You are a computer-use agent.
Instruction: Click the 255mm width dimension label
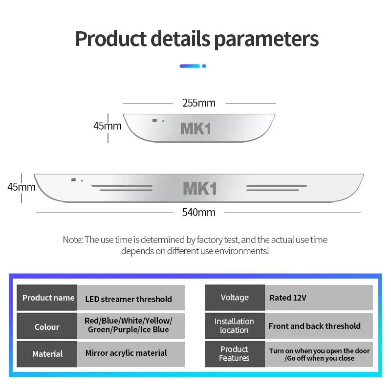point(198,103)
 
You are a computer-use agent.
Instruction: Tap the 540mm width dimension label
point(198,212)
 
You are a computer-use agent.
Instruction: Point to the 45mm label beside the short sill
point(107,126)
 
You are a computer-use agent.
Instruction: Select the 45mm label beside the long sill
point(21,187)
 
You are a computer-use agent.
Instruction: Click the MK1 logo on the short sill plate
point(195,128)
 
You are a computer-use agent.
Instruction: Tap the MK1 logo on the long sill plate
point(199,189)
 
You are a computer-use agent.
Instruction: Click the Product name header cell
point(48,298)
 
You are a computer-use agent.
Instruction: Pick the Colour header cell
point(47,326)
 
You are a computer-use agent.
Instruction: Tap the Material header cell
point(47,353)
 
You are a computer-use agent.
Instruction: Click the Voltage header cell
point(235,298)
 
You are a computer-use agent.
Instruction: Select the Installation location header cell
point(235,326)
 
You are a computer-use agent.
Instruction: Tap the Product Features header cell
point(235,353)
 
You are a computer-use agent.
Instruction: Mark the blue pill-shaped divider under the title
point(190,65)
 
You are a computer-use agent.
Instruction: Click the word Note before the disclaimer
point(72,239)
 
